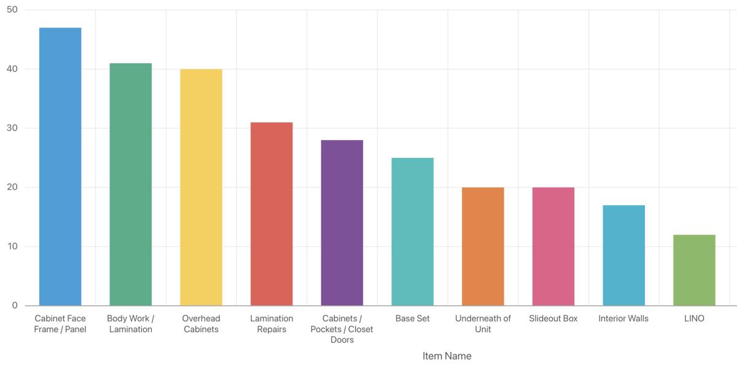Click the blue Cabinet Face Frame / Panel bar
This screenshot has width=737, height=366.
[60, 166]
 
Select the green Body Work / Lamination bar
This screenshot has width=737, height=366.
[130, 184]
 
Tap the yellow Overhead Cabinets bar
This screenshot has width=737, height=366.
[201, 187]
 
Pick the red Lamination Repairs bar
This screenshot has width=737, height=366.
[271, 214]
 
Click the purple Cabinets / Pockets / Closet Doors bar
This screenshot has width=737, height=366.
[342, 222]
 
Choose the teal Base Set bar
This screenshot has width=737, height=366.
[412, 232]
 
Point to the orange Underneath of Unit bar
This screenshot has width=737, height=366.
[483, 246]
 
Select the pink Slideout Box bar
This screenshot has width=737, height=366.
[553, 246]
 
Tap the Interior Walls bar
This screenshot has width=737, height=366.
[623, 255]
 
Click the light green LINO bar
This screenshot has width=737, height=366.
[694, 270]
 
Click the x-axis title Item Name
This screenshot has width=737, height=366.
[447, 356]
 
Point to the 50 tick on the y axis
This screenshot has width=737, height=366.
[12, 10]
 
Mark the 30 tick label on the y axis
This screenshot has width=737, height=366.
[12, 128]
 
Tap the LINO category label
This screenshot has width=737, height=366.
[694, 319]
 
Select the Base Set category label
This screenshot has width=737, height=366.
[412, 319]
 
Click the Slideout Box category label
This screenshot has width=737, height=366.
[553, 319]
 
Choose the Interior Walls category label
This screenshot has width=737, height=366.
[623, 319]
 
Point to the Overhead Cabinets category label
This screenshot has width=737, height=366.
[201, 324]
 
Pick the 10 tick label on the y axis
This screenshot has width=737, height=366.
[12, 247]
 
